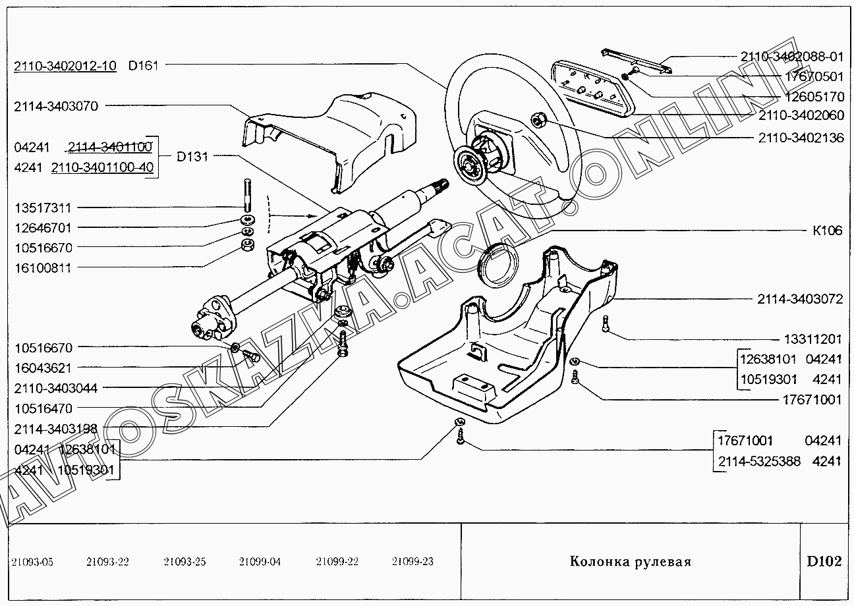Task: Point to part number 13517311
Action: coord(42,207)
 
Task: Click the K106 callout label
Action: coord(826,231)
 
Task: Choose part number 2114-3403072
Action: coord(800,299)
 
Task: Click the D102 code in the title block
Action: coord(824,562)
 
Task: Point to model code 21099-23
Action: coord(413,562)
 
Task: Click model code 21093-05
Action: coord(32,562)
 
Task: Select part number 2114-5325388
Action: coord(758,461)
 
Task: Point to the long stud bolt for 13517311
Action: coord(246,195)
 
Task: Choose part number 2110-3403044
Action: coord(55,388)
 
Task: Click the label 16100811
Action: coord(42,268)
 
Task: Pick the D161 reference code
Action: coord(144,65)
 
